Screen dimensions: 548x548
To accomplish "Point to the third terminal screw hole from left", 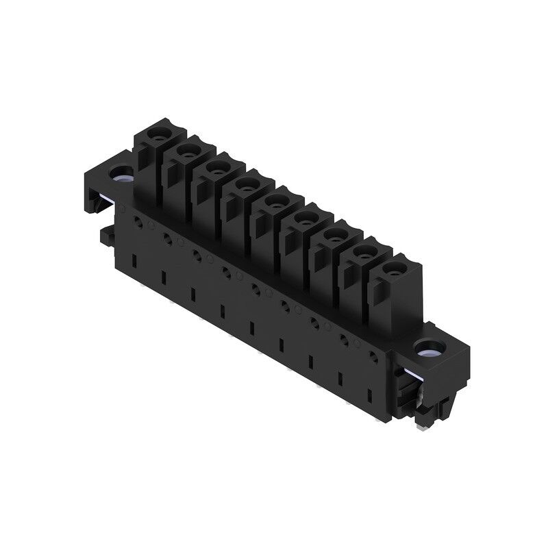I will tap(217, 166).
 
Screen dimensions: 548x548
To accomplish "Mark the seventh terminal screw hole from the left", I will tap(335, 236).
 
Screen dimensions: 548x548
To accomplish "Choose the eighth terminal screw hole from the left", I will tap(365, 252).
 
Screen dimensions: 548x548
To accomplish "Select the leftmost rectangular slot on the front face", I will tap(135, 259).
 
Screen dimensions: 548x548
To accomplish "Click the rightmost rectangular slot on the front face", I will tap(370, 396).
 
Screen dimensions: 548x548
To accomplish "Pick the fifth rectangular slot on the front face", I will tap(252, 328).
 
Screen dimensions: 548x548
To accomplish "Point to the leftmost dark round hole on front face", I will tap(137, 222).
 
